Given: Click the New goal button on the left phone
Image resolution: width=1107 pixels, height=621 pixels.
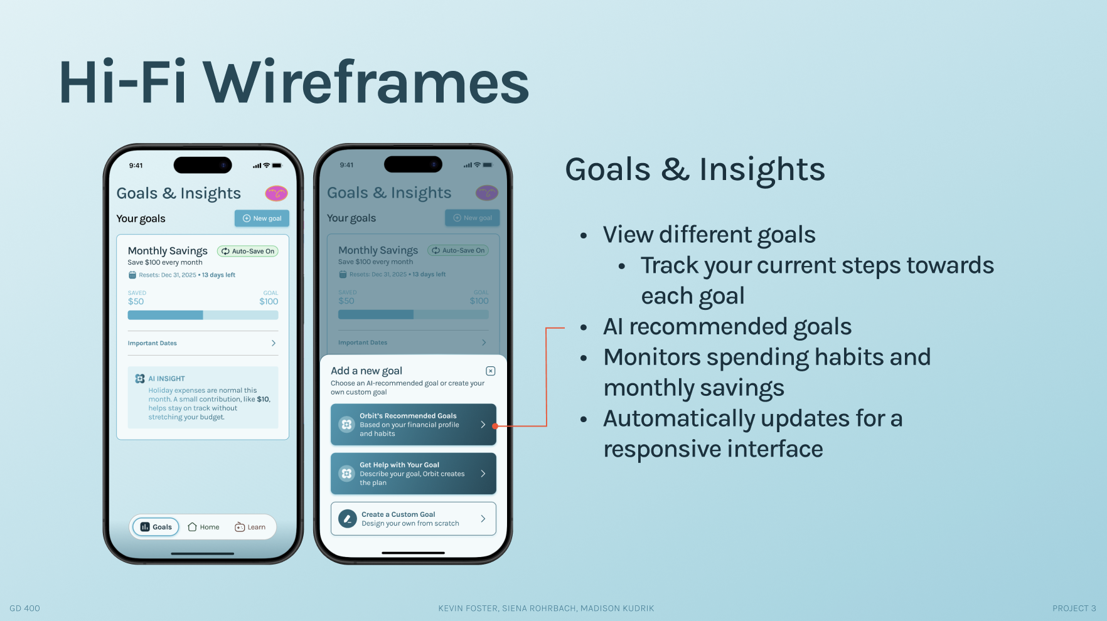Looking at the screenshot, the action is point(262,218).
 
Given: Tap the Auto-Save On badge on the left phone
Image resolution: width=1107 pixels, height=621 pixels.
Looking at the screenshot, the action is point(247,251).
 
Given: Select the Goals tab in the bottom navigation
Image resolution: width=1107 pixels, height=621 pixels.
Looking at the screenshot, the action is point(156,527).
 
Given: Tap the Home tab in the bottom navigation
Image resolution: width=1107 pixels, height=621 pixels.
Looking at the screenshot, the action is point(203,527).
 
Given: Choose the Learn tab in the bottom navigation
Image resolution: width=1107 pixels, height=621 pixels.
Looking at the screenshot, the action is point(250,527).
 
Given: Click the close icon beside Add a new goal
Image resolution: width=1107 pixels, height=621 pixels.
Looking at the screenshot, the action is point(491,371).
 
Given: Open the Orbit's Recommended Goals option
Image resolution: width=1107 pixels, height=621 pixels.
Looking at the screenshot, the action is point(414,425).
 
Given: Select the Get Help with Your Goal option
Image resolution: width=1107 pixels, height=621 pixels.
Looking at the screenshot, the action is point(414,474).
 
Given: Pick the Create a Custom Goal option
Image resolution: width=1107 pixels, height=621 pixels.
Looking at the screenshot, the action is point(414,519).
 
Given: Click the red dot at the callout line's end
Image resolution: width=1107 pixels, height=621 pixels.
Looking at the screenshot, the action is point(495,426).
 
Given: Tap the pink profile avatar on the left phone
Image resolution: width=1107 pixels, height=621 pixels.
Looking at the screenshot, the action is point(276,193).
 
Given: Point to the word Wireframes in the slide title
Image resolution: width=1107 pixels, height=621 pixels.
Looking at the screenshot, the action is point(366,82).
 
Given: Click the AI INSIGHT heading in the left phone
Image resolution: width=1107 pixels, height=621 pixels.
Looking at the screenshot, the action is point(166,379).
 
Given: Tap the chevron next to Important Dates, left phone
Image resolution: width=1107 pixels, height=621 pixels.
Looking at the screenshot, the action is point(274,343).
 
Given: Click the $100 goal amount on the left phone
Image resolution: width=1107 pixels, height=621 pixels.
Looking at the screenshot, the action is point(269,302).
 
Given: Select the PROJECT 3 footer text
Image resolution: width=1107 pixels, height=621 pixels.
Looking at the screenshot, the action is point(1074,608).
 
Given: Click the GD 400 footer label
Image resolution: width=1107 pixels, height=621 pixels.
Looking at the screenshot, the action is point(24,608).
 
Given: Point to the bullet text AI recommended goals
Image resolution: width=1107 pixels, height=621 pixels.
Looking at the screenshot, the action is point(727,327).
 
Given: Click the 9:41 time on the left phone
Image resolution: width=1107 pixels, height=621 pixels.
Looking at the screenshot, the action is point(136,166).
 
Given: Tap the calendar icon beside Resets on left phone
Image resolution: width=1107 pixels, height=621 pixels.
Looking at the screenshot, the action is point(132,275).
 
